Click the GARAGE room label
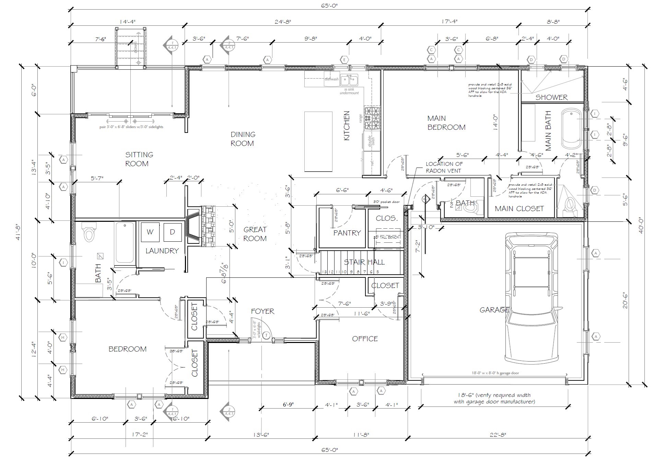coord(494,310)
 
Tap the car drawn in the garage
coord(531,299)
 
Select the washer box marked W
coord(150,232)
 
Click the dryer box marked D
coord(172,232)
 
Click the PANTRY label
coord(347,233)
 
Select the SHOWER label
coord(551,97)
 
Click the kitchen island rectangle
coord(318,141)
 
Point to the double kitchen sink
coord(349,80)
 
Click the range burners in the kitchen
coord(372,118)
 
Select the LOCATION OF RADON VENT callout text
coord(444,167)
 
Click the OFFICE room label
coord(365,339)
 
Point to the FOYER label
coord(262,311)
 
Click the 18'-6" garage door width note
coord(494,398)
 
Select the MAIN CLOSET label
coord(519,208)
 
